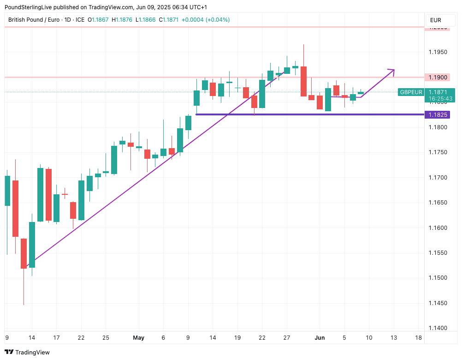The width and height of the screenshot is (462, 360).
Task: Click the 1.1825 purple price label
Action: pyautogui.click(x=437, y=114)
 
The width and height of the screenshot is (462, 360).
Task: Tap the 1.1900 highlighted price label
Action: pyautogui.click(x=437, y=77)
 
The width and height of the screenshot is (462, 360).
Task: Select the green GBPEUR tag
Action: pyautogui.click(x=411, y=92)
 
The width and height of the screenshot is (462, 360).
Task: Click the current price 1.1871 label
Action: pyautogui.click(x=438, y=92)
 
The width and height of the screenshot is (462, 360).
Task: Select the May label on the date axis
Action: pyautogui.click(x=138, y=338)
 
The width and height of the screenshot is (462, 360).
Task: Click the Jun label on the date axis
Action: pyautogui.click(x=320, y=338)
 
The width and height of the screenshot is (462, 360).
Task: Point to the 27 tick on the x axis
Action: pyautogui.click(x=286, y=338)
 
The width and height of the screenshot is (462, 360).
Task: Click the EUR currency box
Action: pyautogui.click(x=435, y=20)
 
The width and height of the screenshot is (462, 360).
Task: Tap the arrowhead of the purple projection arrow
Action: pyautogui.click(x=392, y=71)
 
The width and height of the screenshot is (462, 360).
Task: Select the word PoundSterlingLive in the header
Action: pyautogui.click(x=31, y=7)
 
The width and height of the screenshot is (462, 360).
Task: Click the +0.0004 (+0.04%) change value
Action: pyautogui.click(x=206, y=20)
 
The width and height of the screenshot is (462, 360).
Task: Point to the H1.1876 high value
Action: pyautogui.click(x=124, y=20)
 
